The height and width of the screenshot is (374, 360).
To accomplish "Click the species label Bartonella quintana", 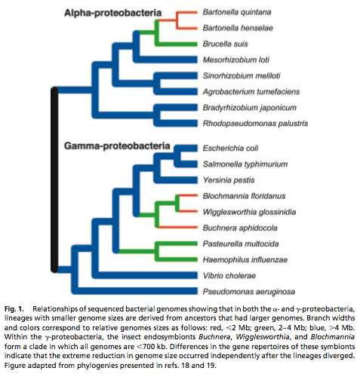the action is pos(237,12).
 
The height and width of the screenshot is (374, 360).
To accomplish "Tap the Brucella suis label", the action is pos(225,44).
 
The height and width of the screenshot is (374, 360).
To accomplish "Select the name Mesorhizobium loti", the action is pos(236,60).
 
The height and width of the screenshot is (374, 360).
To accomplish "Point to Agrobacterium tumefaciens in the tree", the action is pos(251,92).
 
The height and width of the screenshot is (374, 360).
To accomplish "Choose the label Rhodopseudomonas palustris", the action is pos(255,124).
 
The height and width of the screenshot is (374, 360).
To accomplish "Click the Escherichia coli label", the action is pos(230,149).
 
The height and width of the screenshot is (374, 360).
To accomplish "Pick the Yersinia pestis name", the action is pos(229,180).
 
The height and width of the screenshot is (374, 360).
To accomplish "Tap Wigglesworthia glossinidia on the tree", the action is pos(249,212).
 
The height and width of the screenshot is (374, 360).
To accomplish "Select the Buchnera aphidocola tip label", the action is pos(240,228).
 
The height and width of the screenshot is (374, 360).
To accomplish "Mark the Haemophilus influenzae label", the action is pos(245,259).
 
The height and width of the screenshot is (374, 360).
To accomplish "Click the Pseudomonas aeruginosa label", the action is pos(249,292).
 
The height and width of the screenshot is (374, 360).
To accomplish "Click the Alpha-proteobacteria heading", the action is pos(112,13).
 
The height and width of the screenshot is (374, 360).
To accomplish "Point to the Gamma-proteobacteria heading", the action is pos(117,146).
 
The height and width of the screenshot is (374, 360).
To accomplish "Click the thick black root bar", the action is pos(54,179).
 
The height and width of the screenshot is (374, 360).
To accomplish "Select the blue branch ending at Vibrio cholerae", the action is pos(145,275).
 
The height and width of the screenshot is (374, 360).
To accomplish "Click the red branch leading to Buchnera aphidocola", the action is pos(177,227).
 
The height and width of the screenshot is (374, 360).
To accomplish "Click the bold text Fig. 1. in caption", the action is pos(14,309).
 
